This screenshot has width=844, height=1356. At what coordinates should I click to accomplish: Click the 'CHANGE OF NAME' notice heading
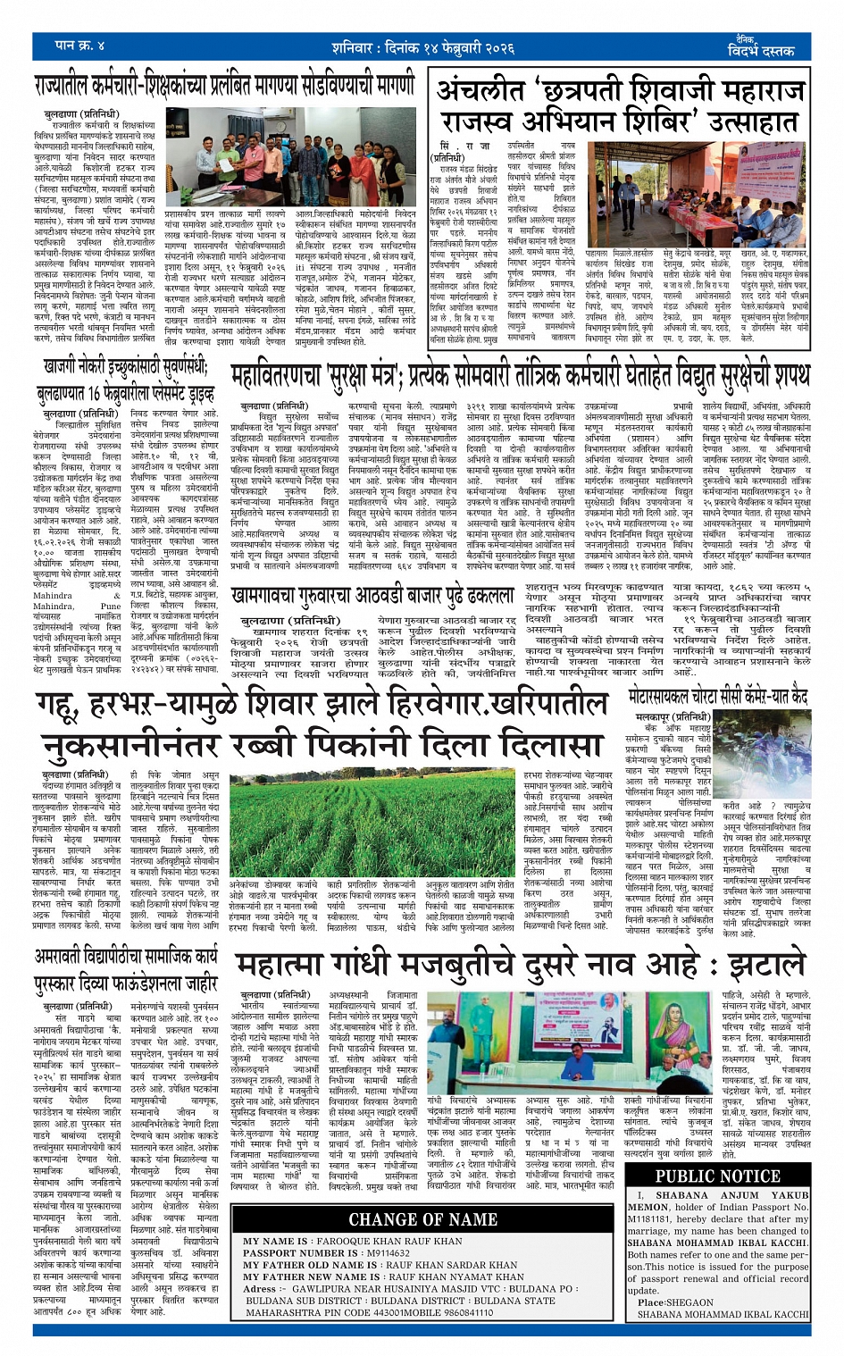pyautogui.click(x=422, y=1218)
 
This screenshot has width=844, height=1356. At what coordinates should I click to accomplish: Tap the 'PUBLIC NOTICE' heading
pyautogui.click(x=716, y=1176)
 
